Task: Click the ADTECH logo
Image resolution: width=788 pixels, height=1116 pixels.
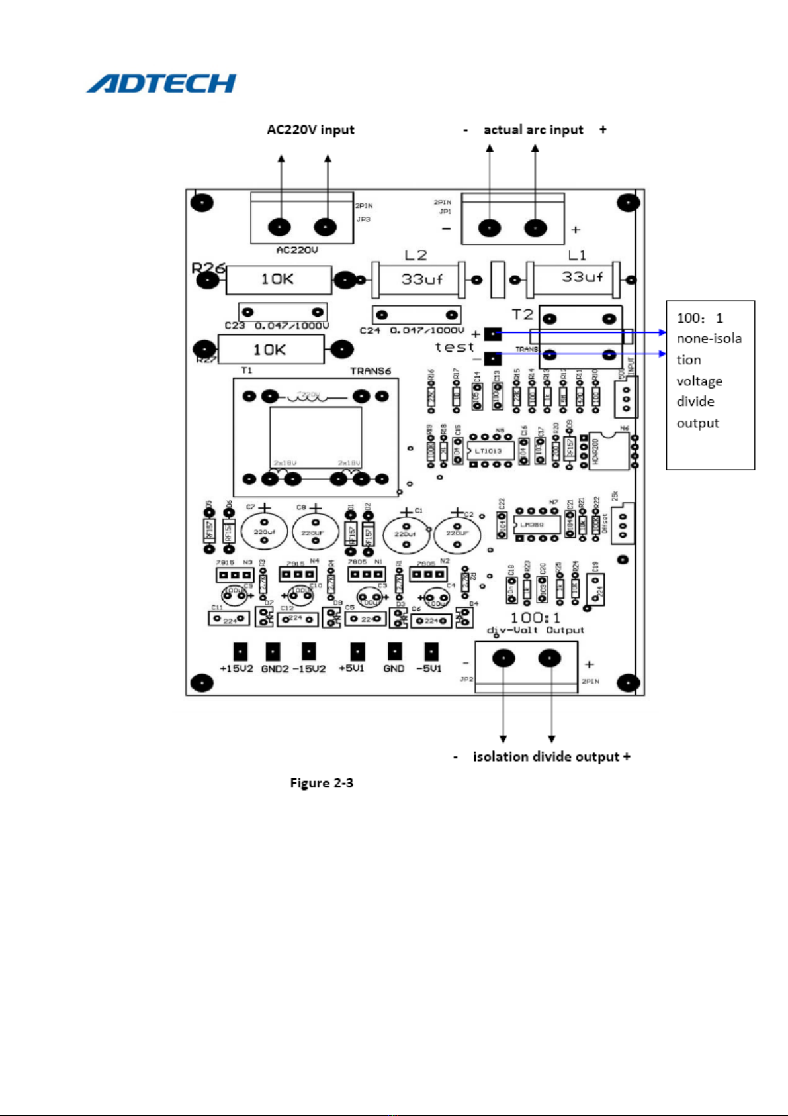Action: coord(161,83)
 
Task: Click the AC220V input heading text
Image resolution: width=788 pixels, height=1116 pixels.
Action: coord(310,130)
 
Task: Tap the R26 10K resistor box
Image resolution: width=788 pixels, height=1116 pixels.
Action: coord(279,280)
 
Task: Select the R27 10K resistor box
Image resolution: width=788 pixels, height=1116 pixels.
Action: coord(271,349)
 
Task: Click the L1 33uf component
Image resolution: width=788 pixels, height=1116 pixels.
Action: coord(574,278)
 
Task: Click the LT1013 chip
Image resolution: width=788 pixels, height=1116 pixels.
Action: coord(488,451)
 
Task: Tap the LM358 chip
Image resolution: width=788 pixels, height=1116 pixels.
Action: coord(533,525)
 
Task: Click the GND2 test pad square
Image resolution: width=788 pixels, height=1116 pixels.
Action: coord(273,651)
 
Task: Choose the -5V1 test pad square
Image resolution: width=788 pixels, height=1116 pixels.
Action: coord(431,651)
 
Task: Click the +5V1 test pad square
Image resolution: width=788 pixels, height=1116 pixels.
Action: coord(357,651)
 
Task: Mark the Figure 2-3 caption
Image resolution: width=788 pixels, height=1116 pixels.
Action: coord(322,783)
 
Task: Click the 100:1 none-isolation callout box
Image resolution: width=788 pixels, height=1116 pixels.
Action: coord(710,385)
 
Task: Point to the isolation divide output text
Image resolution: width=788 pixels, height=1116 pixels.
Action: coord(542,757)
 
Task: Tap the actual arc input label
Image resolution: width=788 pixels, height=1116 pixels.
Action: coord(533,130)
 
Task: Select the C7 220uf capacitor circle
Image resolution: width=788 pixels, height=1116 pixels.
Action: coord(264,532)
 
